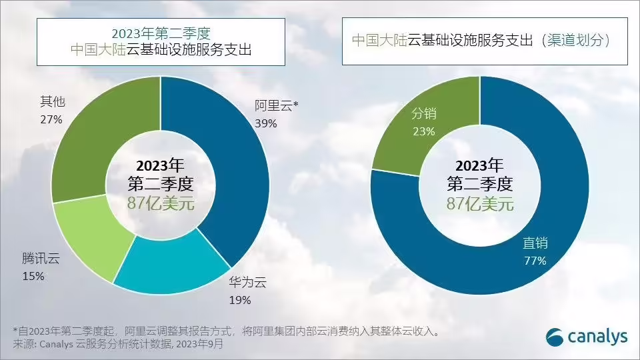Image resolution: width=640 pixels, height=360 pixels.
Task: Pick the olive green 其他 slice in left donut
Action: (100, 140)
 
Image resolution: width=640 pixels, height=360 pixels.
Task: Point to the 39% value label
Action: (265, 123)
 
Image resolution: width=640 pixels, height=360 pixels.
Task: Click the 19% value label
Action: (240, 300)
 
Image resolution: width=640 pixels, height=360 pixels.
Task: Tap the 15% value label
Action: (33, 275)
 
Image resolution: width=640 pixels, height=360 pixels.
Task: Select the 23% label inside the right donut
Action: (423, 131)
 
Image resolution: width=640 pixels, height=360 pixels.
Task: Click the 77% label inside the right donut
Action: (535, 261)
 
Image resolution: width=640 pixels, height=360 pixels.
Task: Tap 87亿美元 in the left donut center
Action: (161, 203)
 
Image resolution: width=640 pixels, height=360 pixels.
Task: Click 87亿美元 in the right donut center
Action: (480, 203)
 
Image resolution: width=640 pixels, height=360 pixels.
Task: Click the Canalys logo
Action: (587, 337)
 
